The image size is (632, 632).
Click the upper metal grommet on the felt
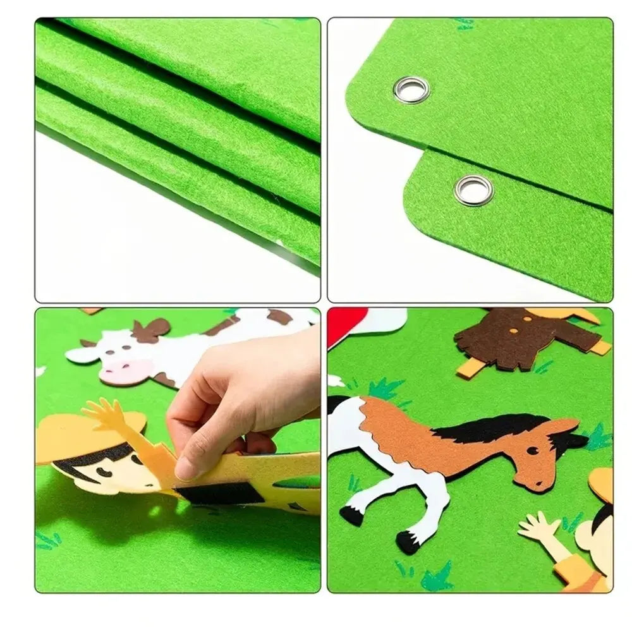click(411, 89)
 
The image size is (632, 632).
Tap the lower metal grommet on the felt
click(473, 190)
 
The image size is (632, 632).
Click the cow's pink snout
click(126, 372)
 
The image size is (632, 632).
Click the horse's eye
click(533, 451)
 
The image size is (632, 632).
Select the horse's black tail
click(336, 404)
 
